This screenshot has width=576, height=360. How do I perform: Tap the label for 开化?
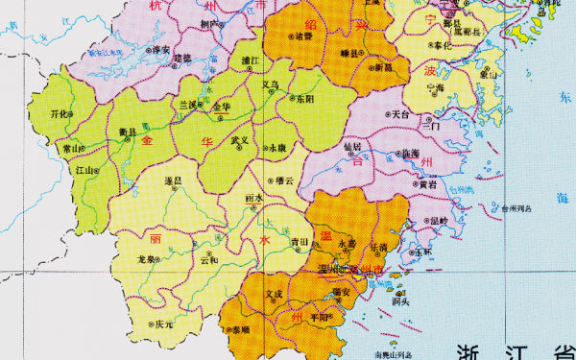tap(60, 113)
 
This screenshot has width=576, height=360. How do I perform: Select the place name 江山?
tap(84, 170)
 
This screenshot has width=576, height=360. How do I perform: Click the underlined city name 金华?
tap(222, 106)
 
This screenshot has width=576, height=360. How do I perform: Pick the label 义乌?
tap(272, 84)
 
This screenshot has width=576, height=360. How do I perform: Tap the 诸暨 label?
tap(304, 36)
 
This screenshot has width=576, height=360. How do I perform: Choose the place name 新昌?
tap(383, 67)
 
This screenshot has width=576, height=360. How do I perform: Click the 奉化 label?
tap(441, 45)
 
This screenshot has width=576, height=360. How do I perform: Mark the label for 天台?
tap(400, 113)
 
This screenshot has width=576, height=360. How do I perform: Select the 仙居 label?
tap(352, 147)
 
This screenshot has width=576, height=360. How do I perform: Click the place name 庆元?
tap(164, 324)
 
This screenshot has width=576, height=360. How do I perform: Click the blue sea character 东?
tap(565, 99)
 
